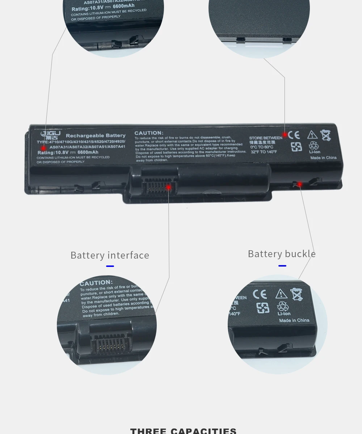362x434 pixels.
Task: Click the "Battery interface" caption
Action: pos(110,255)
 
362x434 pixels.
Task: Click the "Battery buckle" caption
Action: pos(282,254)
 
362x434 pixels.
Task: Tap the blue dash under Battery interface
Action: pos(110,266)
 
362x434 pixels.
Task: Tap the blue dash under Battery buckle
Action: pos(282,266)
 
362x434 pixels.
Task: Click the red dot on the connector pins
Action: pos(169,187)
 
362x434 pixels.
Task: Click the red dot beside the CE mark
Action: pos(285,135)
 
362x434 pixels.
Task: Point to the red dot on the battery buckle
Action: pos(300,184)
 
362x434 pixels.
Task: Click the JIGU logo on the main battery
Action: pos(50,135)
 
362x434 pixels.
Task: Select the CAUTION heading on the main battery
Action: pos(149,133)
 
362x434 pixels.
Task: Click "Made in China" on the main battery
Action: pos(323,158)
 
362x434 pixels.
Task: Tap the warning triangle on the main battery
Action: pos(312,135)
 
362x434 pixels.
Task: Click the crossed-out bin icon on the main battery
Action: pos(326,135)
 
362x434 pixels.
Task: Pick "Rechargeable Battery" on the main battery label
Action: pos(96,135)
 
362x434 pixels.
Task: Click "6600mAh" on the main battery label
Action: pos(88,152)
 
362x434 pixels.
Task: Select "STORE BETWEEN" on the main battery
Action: pos(265,138)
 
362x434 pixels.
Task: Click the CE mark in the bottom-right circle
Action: pos(260,293)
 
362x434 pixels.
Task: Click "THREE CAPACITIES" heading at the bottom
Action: pos(183,430)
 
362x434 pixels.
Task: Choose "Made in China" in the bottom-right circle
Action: pos(294,320)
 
